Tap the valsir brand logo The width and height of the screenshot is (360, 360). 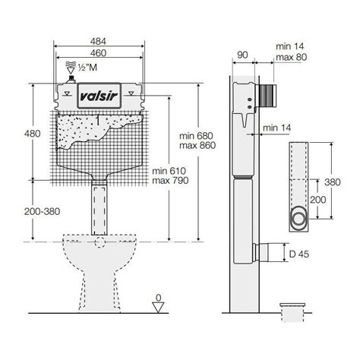(100, 96)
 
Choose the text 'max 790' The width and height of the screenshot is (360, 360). (169, 182)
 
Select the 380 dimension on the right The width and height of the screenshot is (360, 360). (343, 184)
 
